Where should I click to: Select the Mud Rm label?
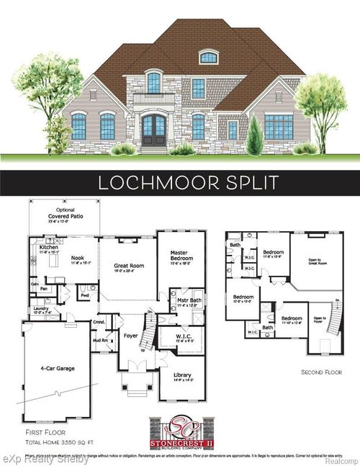99,339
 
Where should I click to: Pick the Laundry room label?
40,309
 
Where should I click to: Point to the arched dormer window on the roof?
208,58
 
